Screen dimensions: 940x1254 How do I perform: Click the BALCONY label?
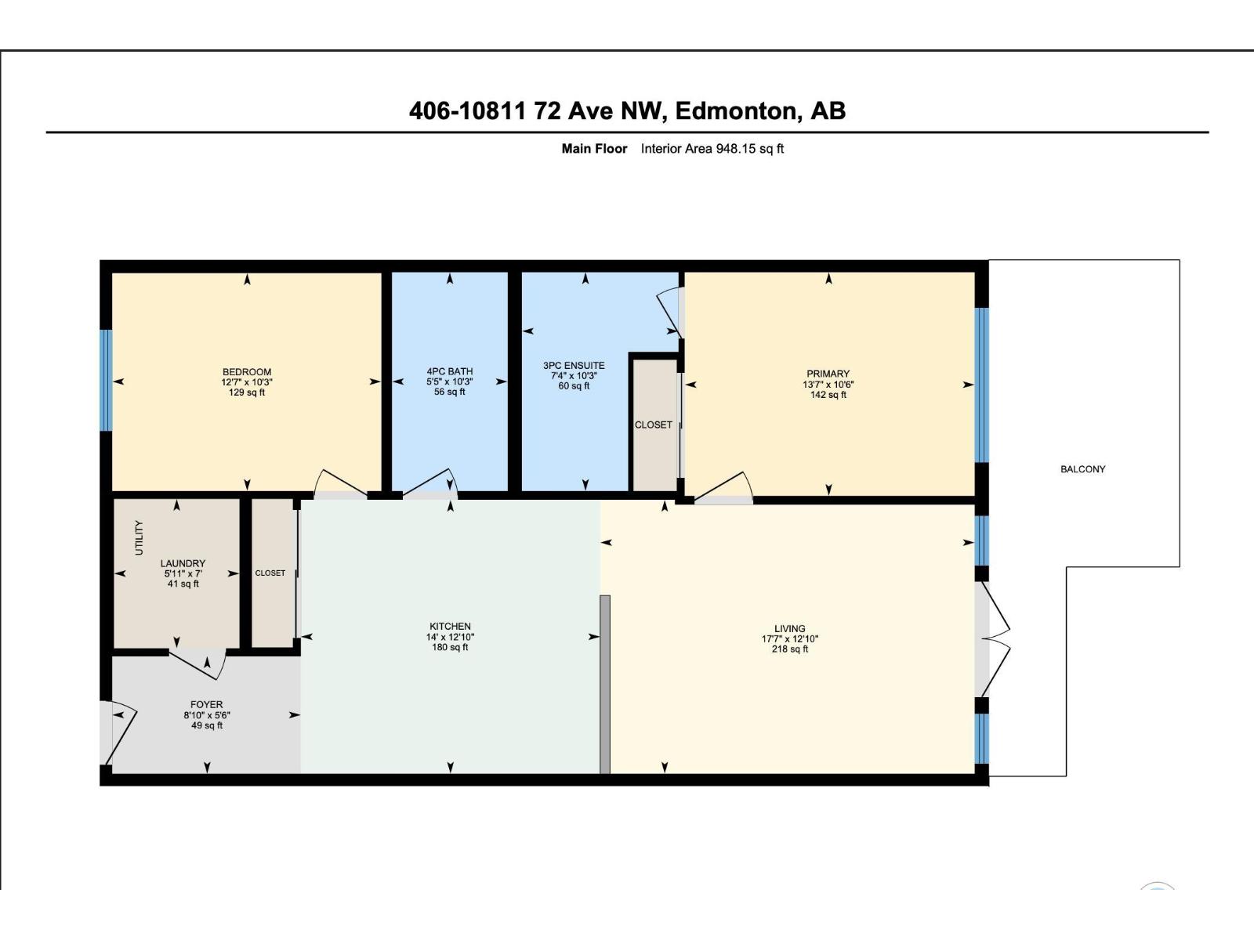point(1082,469)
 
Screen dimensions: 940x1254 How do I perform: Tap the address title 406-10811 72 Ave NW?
point(627,110)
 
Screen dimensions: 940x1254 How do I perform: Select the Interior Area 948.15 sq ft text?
point(712,149)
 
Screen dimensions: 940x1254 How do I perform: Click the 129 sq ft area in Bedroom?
point(246,392)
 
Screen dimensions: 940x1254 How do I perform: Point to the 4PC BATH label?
point(449,371)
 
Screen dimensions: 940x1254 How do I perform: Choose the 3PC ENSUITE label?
point(574,365)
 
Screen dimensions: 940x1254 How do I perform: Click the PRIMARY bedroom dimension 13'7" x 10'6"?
point(828,385)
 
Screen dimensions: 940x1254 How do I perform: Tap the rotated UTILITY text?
point(140,537)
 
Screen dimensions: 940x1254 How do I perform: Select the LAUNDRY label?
point(183,563)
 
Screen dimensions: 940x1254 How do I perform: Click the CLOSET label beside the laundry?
point(270,573)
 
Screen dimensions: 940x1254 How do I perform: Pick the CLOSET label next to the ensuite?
point(653,425)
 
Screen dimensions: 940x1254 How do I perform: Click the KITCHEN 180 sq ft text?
point(450,648)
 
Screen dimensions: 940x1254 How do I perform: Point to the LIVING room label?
point(789,628)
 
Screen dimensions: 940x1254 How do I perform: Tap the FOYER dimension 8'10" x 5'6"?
point(207,715)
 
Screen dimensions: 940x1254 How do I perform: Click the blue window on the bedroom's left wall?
point(106,380)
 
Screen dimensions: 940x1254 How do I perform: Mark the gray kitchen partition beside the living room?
point(604,684)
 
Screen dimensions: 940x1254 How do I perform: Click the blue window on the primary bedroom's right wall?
point(981,384)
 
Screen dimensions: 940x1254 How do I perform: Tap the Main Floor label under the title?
point(594,149)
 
